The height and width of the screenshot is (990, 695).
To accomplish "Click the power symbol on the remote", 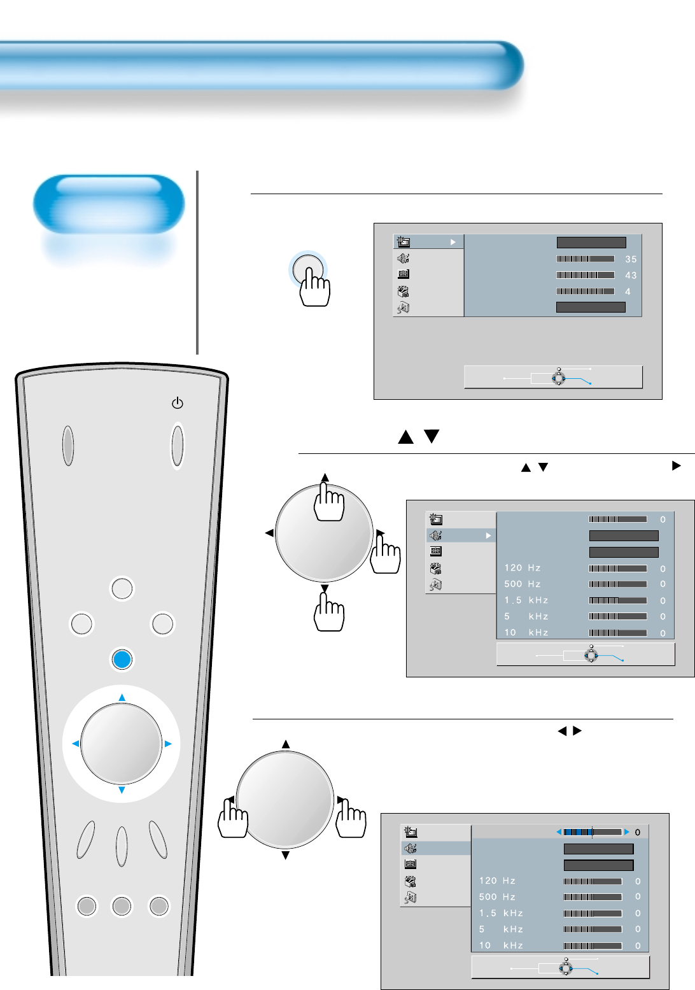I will coord(178,403).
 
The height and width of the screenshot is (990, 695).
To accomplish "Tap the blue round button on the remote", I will coord(122,659).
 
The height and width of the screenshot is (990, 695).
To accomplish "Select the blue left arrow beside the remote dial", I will coord(75,744).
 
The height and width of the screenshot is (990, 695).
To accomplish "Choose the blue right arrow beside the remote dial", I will coord(169,744).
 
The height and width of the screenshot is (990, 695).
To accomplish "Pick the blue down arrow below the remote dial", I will coord(122,790).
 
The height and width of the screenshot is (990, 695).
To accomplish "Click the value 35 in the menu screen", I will coord(631,259).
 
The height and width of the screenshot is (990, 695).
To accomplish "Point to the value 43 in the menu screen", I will coord(631,275).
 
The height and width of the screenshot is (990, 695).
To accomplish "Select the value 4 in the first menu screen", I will coord(628,292).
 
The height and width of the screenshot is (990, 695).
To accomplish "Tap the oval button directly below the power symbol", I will coord(178,446).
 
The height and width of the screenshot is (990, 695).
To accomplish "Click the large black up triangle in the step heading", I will coord(405,437).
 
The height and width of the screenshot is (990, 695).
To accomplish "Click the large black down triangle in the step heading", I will coord(432,436).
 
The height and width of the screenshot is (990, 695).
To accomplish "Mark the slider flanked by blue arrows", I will coord(593,832).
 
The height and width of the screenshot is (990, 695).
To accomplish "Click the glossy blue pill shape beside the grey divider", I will coord(109,204).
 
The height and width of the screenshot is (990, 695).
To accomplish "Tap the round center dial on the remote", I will coord(122,744).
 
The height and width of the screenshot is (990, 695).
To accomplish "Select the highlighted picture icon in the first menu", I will coord(404,242).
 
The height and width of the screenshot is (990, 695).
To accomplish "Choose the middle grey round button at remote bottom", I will coord(122,905).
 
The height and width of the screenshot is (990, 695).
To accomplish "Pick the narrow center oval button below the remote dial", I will coord(122,847).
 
